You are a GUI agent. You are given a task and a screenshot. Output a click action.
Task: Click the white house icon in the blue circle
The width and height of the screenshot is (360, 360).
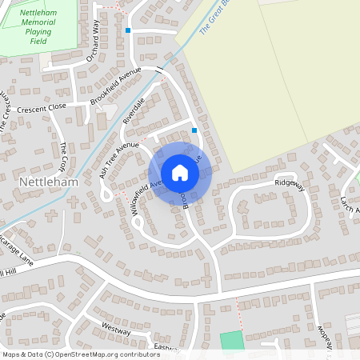(180, 173)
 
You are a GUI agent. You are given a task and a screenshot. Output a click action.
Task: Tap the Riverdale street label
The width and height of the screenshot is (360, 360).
(133, 110)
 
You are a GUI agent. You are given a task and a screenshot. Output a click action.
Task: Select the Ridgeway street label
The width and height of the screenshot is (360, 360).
(290, 183)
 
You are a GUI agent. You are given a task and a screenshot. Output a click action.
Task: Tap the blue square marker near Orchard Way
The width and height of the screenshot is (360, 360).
(128, 30)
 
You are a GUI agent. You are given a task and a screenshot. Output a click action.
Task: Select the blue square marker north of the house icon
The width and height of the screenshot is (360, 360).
(194, 130)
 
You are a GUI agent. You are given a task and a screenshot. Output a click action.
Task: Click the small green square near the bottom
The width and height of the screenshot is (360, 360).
(231, 339)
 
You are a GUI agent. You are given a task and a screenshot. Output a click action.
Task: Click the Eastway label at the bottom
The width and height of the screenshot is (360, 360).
(166, 347)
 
